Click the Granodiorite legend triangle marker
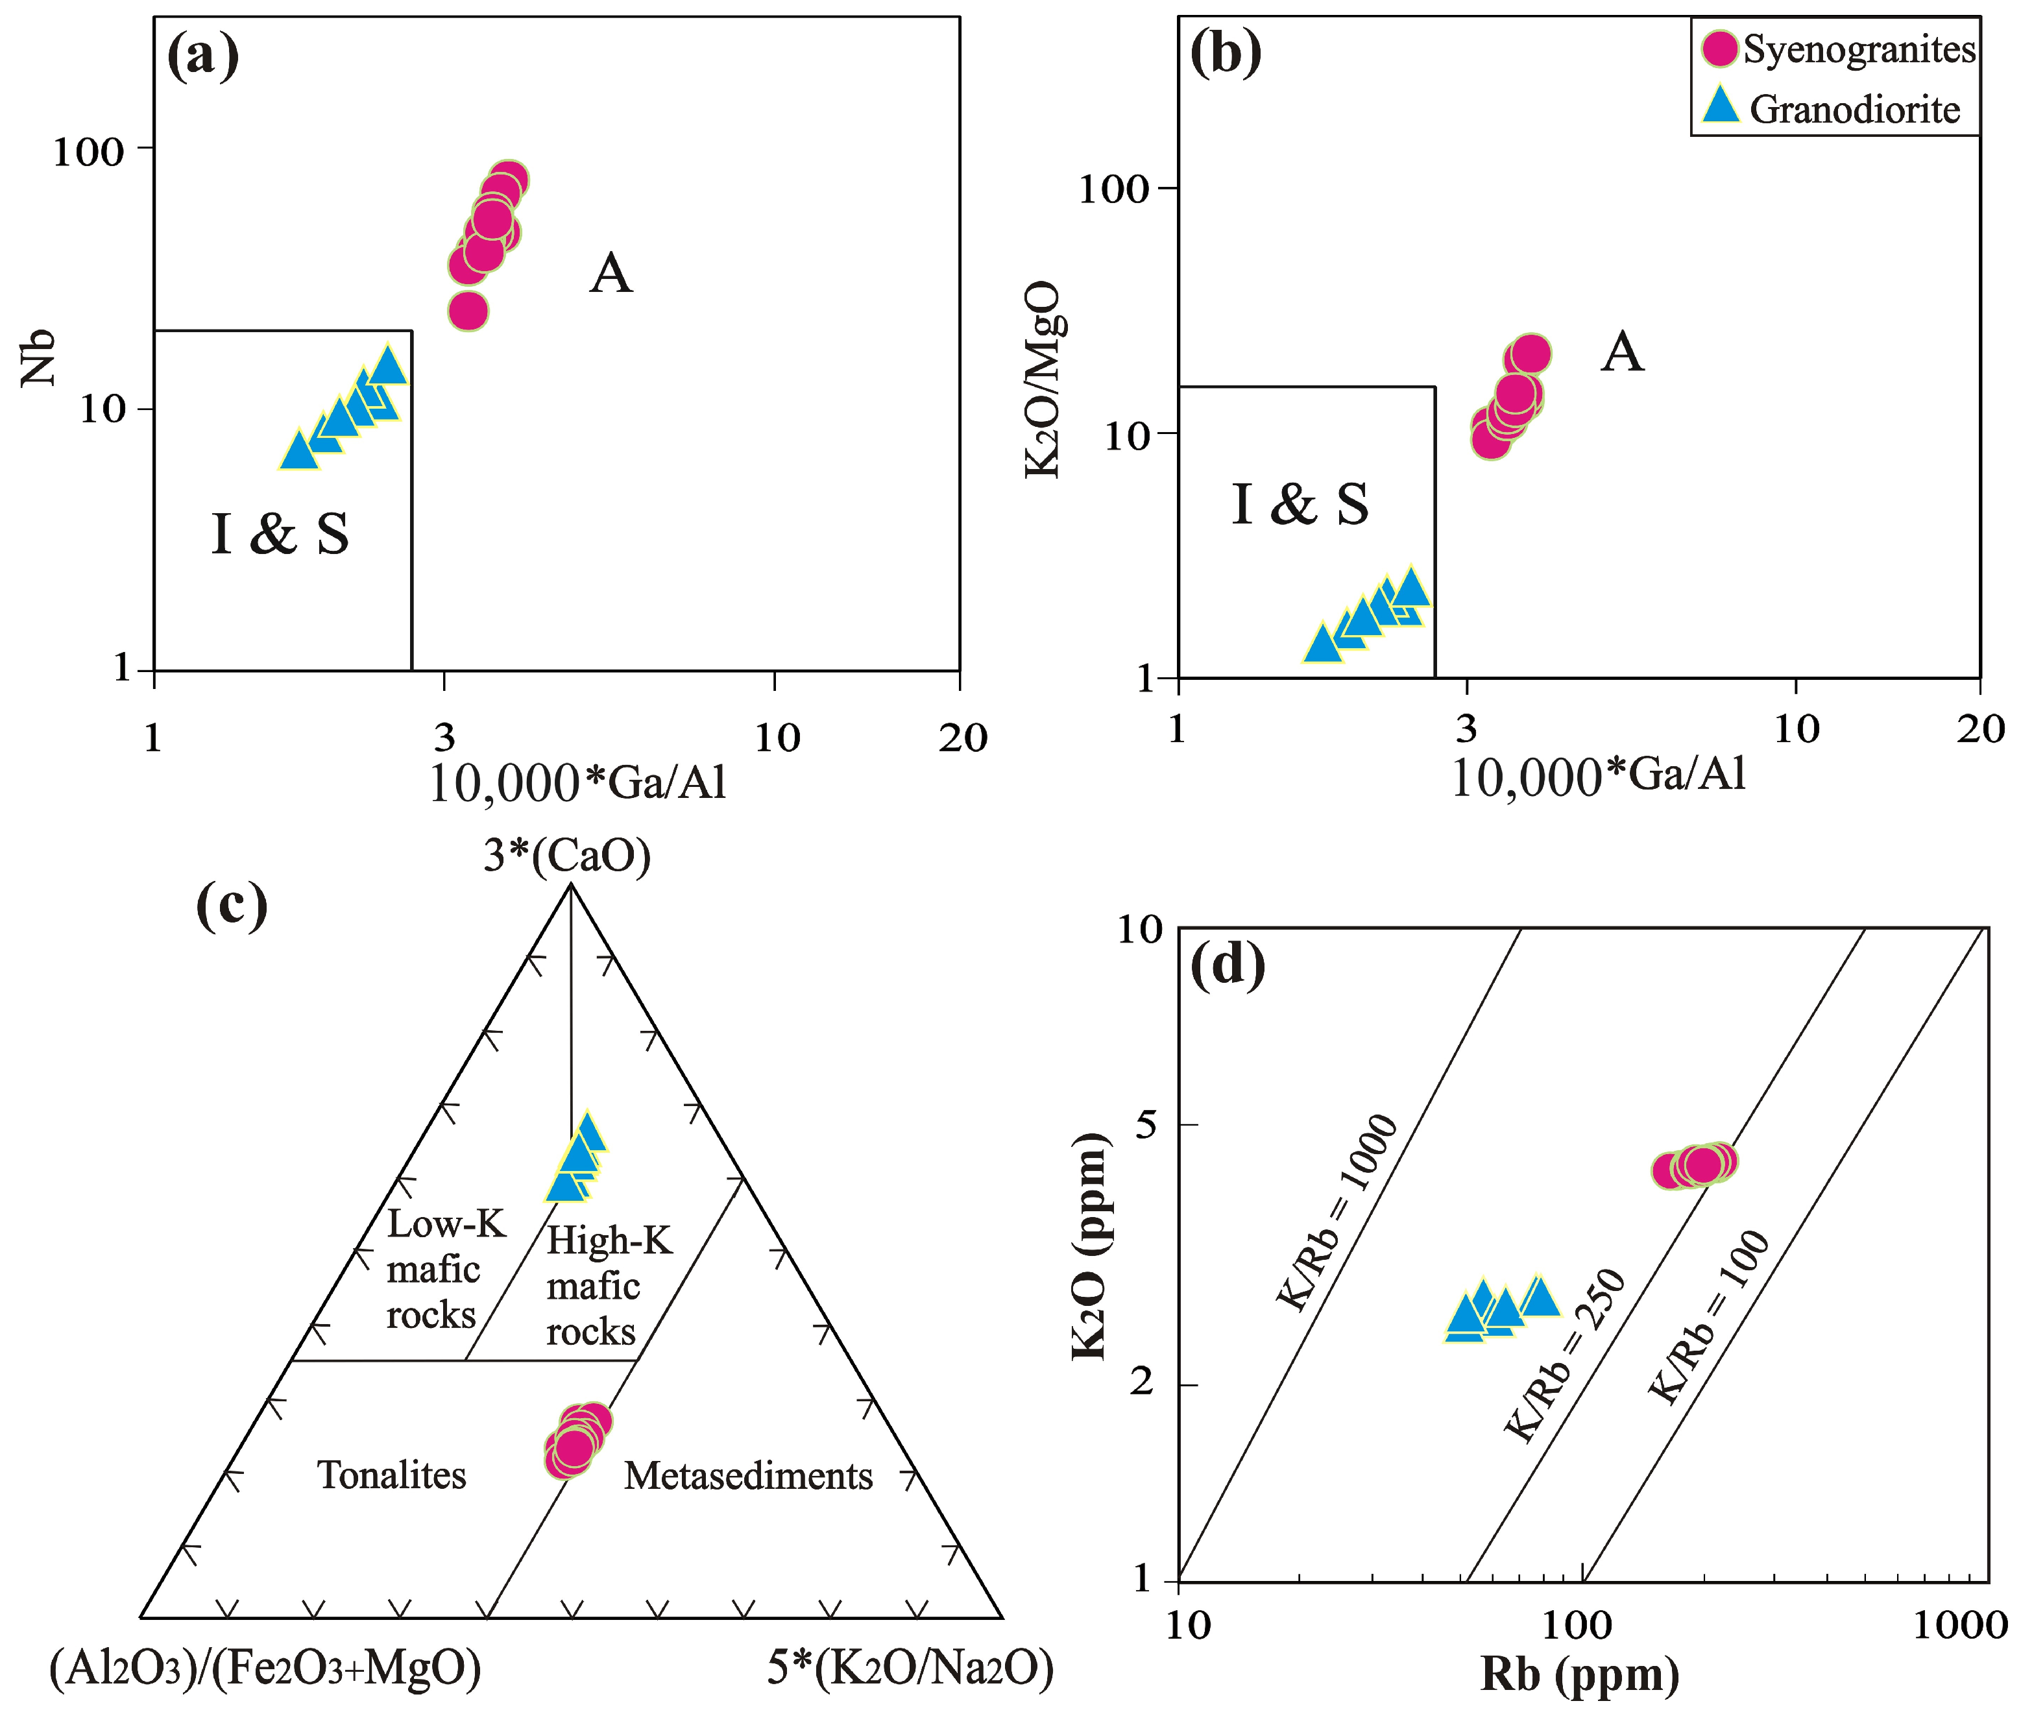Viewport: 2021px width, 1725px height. pos(1721,106)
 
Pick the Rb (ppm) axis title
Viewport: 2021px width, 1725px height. pos(1580,1675)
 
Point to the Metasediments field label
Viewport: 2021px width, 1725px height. pos(748,1477)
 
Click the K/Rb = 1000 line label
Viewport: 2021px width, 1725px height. pos(1337,1213)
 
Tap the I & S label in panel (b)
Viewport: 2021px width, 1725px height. pos(1300,505)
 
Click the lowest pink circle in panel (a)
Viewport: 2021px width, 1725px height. pos(468,311)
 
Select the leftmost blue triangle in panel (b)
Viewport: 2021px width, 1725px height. pos(1322,644)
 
